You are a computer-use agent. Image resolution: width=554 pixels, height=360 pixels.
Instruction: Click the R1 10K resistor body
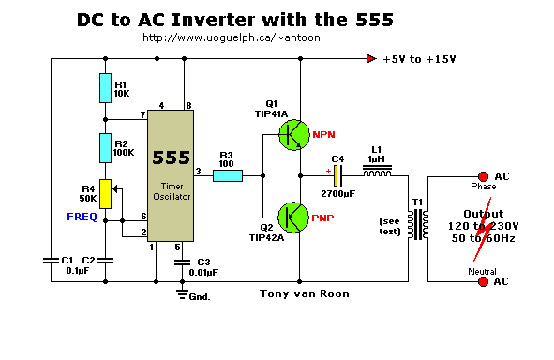point(105,88)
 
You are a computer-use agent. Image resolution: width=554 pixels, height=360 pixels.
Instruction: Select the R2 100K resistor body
point(105,148)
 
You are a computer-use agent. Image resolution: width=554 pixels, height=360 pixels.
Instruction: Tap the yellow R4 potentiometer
point(105,194)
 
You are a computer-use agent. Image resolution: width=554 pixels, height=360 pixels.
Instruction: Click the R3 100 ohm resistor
point(228,175)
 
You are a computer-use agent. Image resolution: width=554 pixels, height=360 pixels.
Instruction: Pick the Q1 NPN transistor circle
point(294,135)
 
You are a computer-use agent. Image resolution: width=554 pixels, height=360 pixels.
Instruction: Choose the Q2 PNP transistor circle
point(293,217)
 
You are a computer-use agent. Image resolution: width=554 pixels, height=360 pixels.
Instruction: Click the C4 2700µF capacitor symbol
point(338,176)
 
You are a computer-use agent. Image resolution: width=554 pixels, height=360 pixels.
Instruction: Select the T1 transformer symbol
point(418,224)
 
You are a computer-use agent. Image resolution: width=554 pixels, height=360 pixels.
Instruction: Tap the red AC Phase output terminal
point(483,176)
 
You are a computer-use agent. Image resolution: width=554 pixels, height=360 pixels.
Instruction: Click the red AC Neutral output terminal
point(483,281)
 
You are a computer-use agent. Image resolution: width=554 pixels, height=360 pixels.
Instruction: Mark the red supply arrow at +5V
point(371,59)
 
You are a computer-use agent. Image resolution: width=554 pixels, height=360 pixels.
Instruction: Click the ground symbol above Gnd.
point(182,294)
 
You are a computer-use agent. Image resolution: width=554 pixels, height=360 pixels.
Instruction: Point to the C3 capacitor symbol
point(182,262)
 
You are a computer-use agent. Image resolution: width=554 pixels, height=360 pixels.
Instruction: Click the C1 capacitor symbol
point(51,261)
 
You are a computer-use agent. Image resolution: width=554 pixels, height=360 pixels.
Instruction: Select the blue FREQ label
point(82,217)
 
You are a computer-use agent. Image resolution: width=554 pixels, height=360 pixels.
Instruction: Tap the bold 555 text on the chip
point(172,157)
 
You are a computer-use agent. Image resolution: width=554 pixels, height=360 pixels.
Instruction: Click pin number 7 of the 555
point(142,114)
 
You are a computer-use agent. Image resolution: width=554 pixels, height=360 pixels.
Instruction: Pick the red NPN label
point(323,135)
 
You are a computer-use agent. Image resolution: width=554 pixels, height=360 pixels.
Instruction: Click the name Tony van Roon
point(305,293)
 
